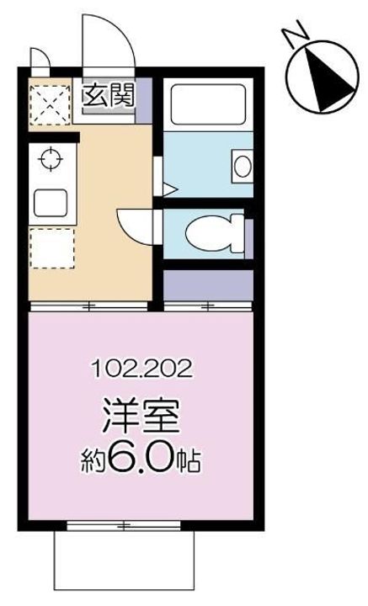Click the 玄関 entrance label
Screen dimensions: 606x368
click(x=108, y=96)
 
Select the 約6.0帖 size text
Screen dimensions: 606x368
click(x=142, y=459)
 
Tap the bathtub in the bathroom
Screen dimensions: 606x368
click(x=206, y=104)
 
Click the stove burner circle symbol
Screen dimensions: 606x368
click(x=49, y=157)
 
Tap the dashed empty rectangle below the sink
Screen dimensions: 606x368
click(x=51, y=249)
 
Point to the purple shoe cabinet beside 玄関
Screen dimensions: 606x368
click(x=144, y=98)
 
